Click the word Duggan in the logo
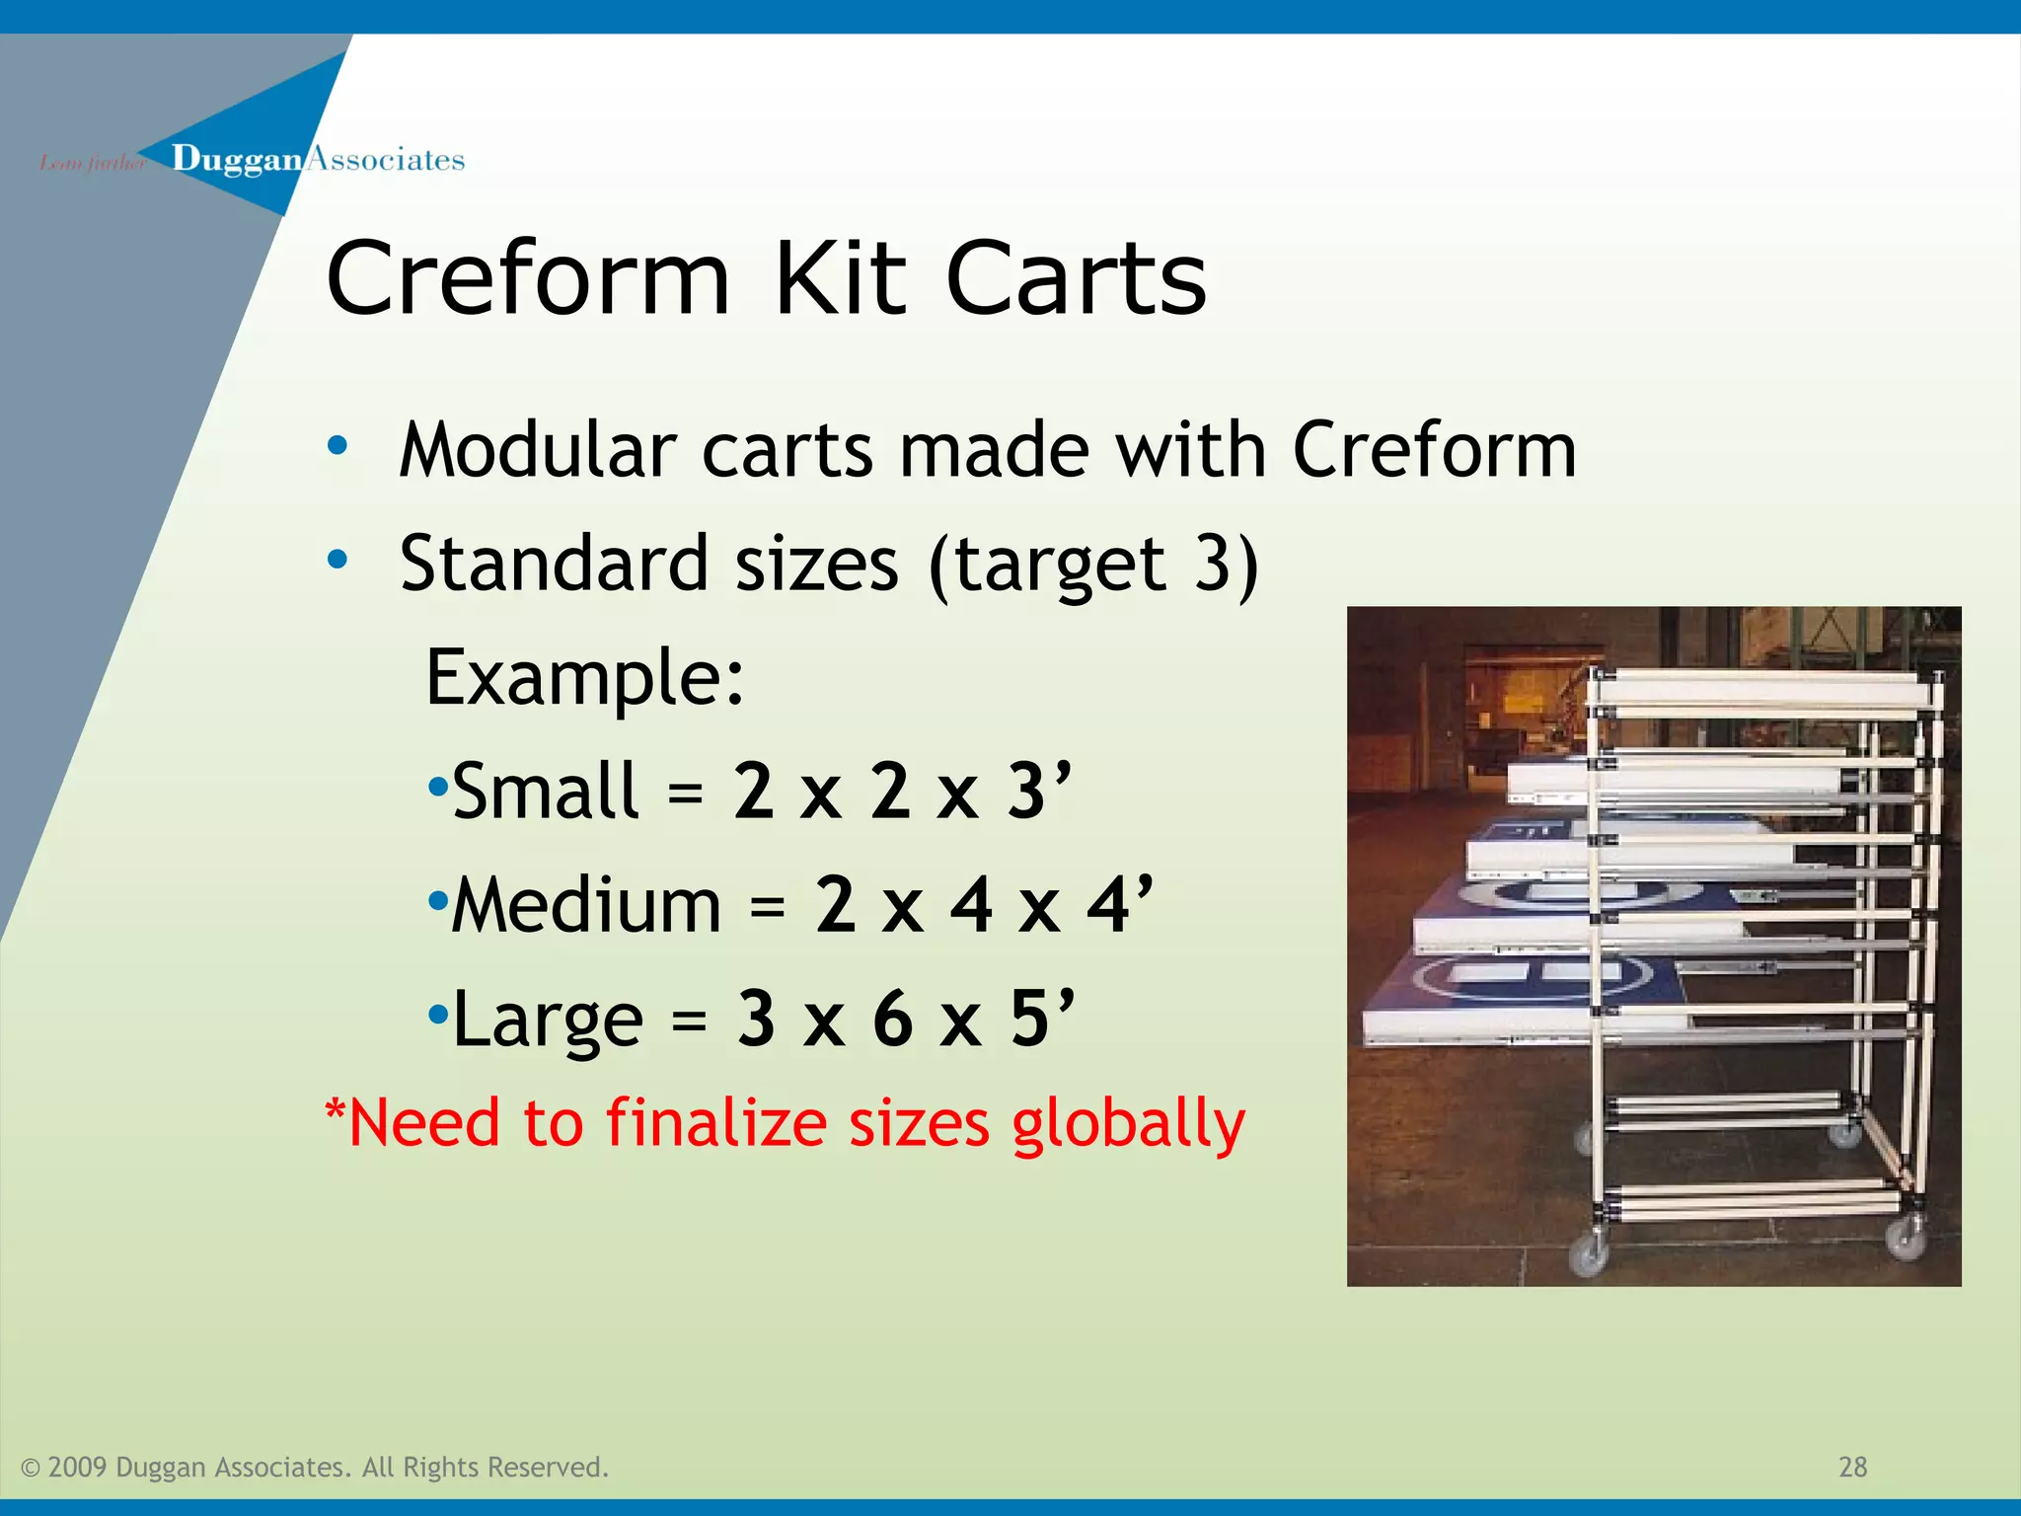point(236,159)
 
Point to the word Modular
point(537,450)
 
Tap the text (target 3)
point(1093,565)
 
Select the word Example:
point(584,678)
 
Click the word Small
point(546,792)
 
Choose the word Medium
point(586,905)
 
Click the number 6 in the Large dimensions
point(892,1019)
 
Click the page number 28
point(1852,1467)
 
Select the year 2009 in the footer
point(76,1468)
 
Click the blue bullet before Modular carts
point(337,446)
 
